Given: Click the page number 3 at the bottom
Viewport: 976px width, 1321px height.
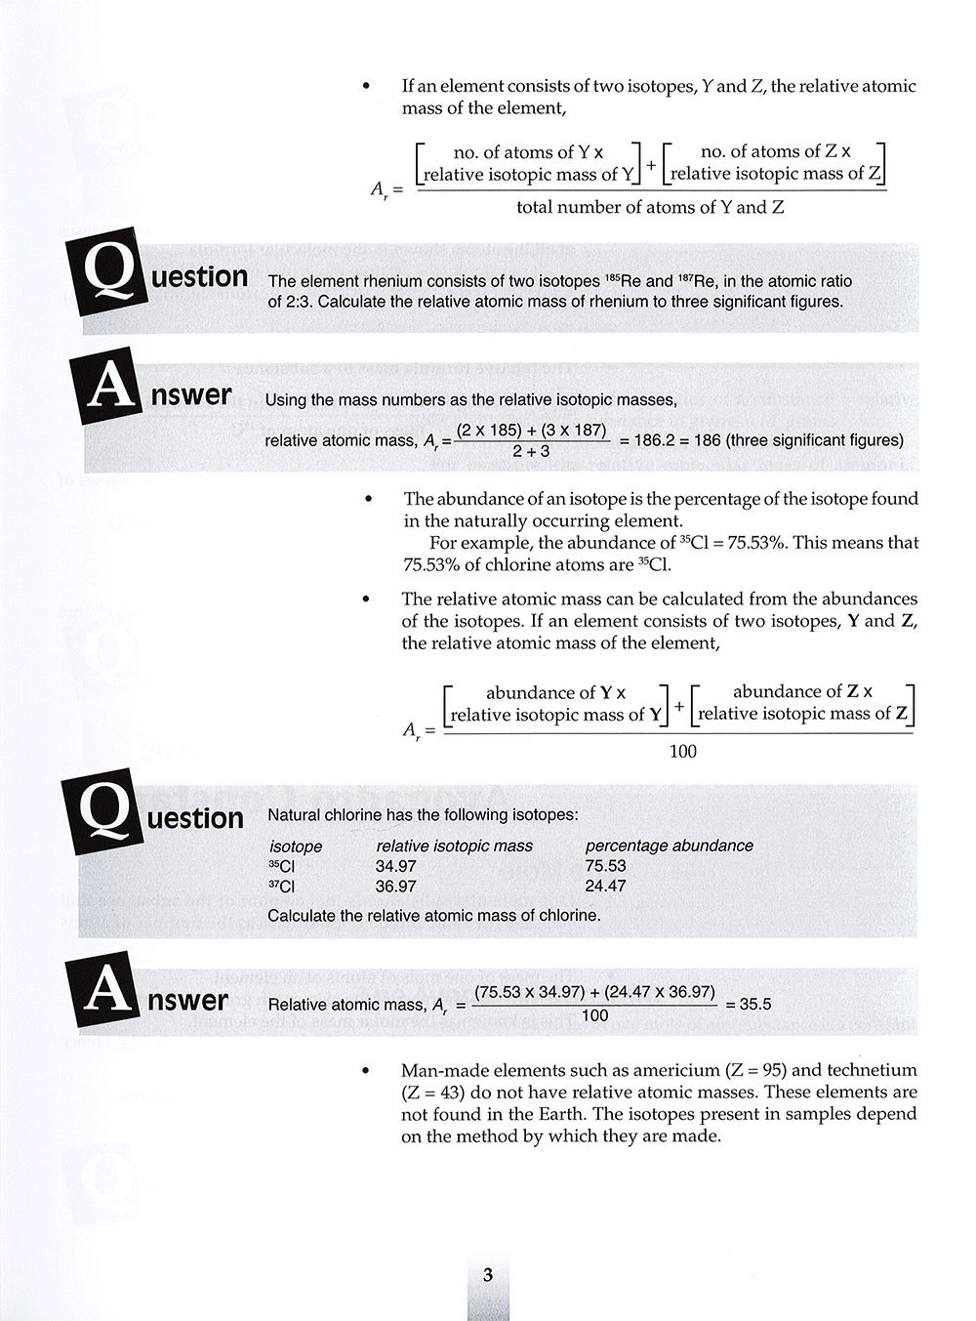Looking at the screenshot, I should coord(488,1275).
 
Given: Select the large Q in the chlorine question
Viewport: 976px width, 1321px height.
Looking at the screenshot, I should coord(101,815).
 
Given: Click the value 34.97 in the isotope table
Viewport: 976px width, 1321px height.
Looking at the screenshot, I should coord(395,866).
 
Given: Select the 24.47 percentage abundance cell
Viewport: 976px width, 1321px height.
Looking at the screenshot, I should coord(605,887).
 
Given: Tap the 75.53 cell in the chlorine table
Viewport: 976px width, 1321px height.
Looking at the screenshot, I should coord(605,866).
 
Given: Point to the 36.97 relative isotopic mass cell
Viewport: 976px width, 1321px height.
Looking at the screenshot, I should coord(395,887).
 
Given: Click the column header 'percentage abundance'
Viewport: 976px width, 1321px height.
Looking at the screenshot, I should coord(669,846).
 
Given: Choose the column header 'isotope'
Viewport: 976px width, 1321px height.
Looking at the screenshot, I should coord(295,846).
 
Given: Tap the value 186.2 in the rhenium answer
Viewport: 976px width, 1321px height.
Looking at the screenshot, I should coord(655,440).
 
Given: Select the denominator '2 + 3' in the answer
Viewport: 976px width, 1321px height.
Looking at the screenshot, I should coord(531,451).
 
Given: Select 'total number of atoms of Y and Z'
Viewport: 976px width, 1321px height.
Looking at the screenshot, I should coord(650,207).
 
